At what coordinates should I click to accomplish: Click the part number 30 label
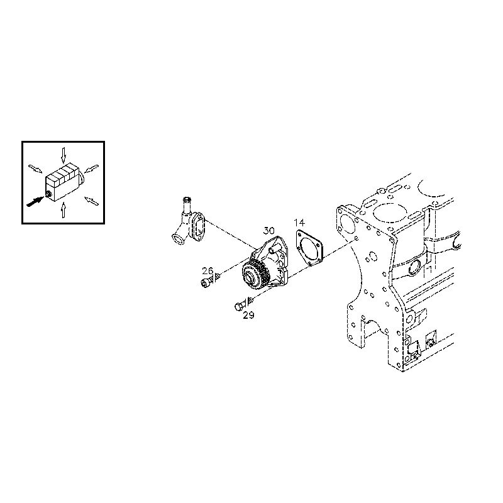[269, 231]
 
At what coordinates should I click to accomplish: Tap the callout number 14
[299, 223]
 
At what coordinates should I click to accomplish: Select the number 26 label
[207, 271]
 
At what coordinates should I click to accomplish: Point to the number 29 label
[248, 316]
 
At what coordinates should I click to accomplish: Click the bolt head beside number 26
[206, 283]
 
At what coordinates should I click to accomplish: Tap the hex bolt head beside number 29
[239, 306]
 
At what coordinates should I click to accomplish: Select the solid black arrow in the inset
[35, 202]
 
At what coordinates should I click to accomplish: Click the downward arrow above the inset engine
[64, 155]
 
